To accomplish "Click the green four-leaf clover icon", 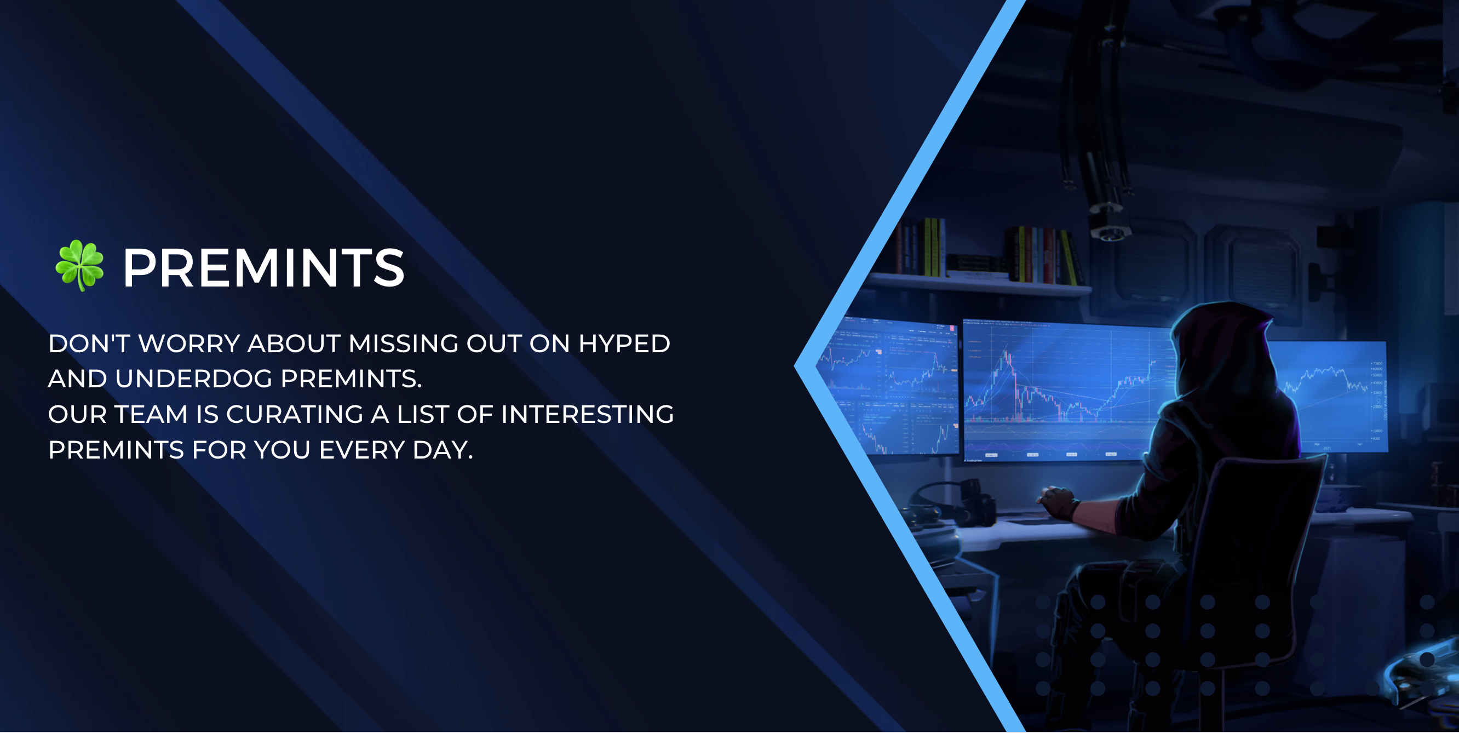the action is pos(79,265).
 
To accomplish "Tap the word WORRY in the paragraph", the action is pos(189,343).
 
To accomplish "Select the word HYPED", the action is pos(624,343).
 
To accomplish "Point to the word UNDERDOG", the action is pos(194,379).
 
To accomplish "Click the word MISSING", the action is pos(403,343).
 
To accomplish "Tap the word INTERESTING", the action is pos(587,414).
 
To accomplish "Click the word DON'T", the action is pos(89,343).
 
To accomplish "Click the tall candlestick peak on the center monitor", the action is pos(1007,363).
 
